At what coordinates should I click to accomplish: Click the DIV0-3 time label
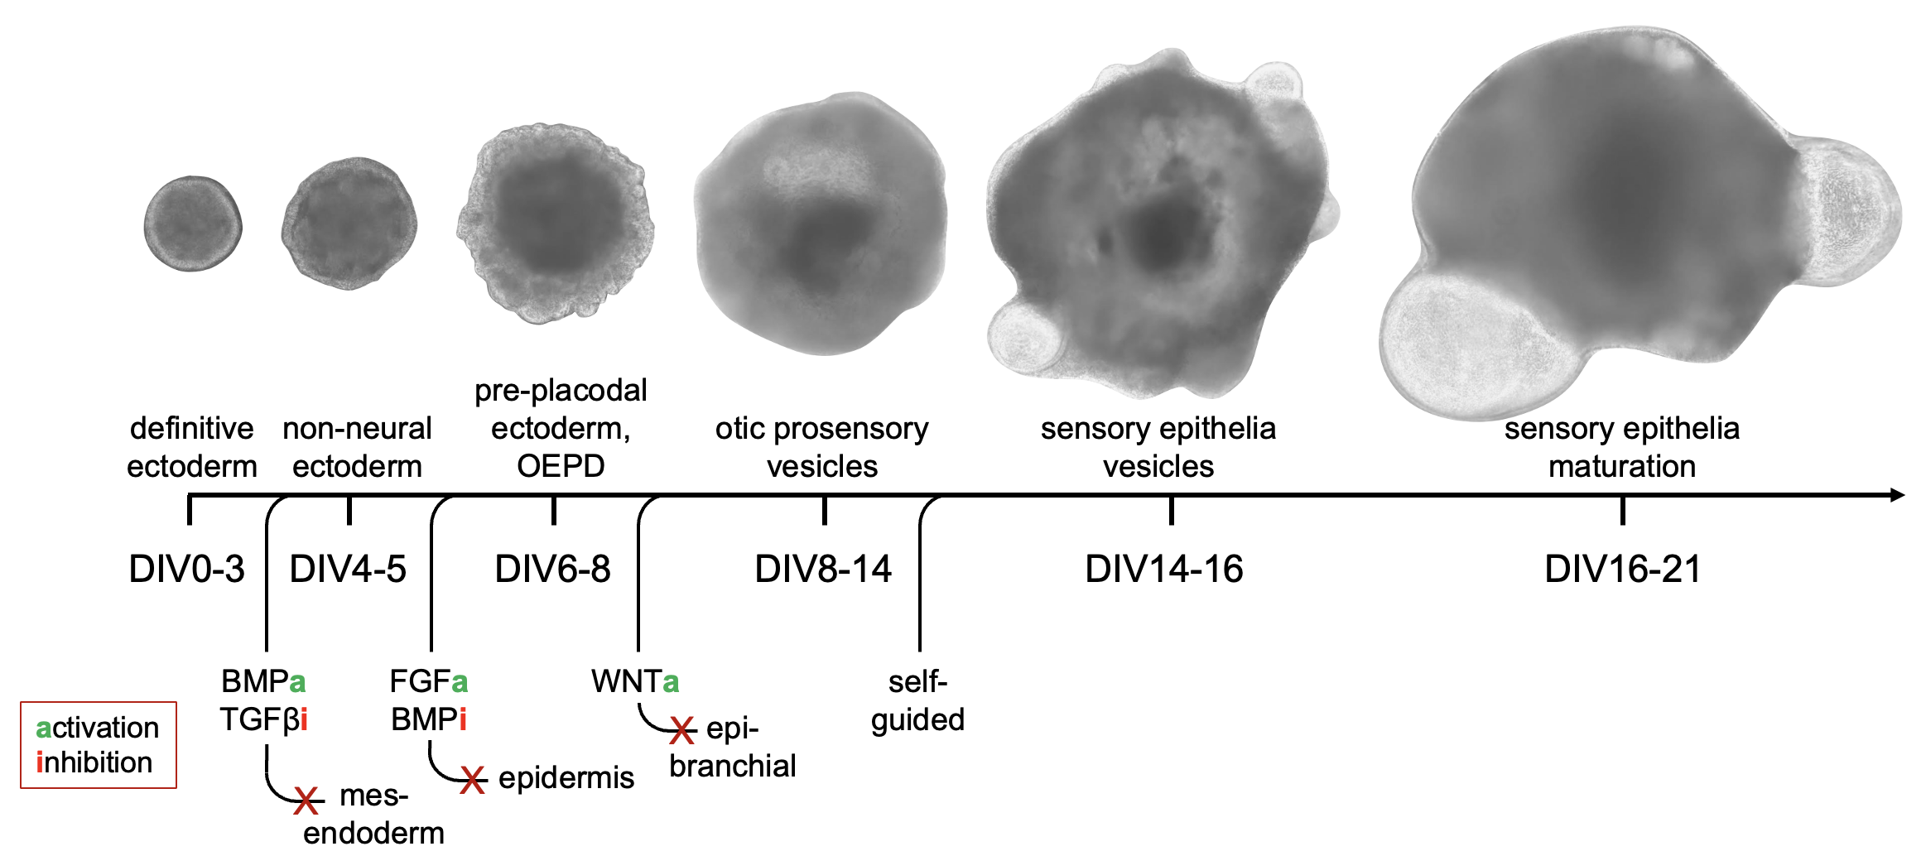(187, 570)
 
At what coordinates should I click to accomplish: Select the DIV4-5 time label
(348, 570)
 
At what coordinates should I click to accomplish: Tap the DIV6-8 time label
(552, 570)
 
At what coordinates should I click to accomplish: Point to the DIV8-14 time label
(823, 570)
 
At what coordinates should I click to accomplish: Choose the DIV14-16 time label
(1164, 570)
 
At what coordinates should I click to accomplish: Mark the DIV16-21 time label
(1622, 570)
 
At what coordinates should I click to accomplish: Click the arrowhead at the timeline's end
(1897, 495)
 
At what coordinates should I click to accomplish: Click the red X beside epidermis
(473, 780)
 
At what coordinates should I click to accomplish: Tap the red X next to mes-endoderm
(306, 801)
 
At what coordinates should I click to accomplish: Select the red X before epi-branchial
(682, 730)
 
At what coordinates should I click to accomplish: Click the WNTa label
(635, 681)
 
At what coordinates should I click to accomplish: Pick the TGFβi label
(263, 719)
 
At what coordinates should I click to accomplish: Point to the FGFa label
(428, 681)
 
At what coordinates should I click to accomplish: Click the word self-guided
(917, 700)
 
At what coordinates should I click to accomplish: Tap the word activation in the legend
(98, 728)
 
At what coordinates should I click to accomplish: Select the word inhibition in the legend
(94, 762)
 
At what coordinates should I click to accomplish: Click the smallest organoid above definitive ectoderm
(193, 224)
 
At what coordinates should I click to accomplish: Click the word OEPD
(561, 466)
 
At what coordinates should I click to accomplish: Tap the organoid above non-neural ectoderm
(349, 224)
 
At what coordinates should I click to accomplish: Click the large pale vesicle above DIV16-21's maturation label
(1466, 344)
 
